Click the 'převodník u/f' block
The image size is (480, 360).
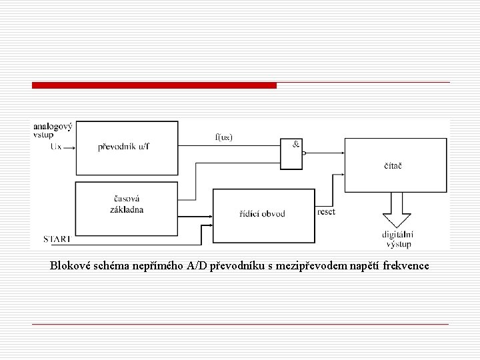pyautogui.click(x=127, y=147)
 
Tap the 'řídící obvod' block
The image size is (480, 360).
pyautogui.click(x=263, y=215)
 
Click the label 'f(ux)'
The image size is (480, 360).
pyautogui.click(x=224, y=137)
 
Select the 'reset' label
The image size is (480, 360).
pyautogui.click(x=327, y=211)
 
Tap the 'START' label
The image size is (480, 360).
pyautogui.click(x=57, y=238)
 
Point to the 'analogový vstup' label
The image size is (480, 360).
pyautogui.click(x=52, y=130)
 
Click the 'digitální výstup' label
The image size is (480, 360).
pyautogui.click(x=397, y=238)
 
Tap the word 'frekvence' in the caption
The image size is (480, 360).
pyautogui.click(x=404, y=266)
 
